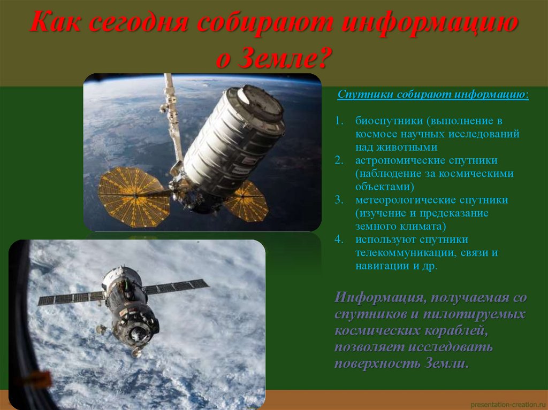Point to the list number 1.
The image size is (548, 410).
(339, 121)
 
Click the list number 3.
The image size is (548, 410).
(339, 200)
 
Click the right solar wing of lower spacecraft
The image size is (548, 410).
(177, 287)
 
